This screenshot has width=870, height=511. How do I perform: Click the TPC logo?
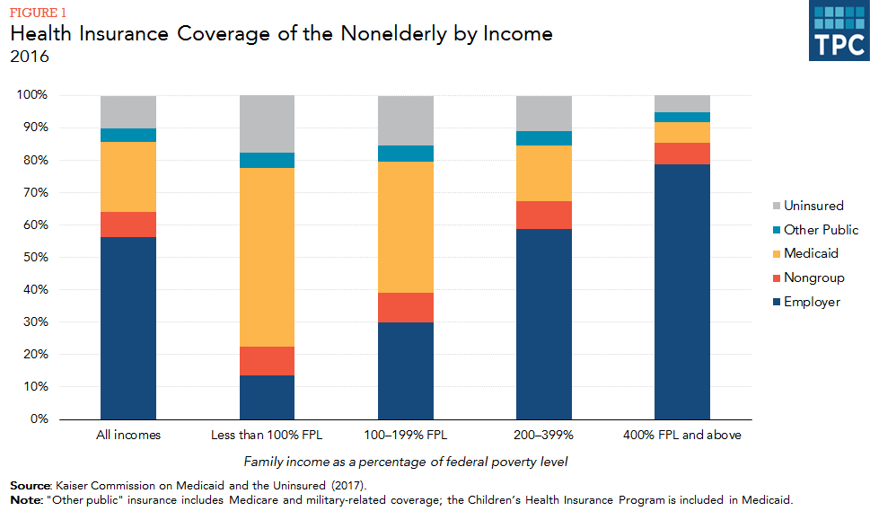point(839,31)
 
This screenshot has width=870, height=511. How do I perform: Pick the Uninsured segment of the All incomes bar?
point(128,111)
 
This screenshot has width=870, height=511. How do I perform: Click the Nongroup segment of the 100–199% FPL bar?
point(405,307)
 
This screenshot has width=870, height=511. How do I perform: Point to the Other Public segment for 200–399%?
point(543,137)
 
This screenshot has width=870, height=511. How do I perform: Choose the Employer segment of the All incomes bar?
point(128,328)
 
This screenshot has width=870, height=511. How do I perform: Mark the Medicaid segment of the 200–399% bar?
point(543,173)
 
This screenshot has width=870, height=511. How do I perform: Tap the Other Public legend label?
point(821,230)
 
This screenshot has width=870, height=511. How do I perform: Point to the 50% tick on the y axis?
point(38,258)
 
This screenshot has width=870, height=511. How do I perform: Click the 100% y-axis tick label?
point(34,95)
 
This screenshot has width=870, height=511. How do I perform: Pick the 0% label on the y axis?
point(40,419)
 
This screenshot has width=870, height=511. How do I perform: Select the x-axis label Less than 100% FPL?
point(267,436)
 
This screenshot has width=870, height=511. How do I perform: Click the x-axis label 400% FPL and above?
point(681,436)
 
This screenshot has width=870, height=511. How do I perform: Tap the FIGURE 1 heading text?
point(38,13)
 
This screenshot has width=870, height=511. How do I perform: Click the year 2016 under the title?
point(30,57)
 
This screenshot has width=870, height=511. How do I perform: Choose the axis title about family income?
point(405,462)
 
